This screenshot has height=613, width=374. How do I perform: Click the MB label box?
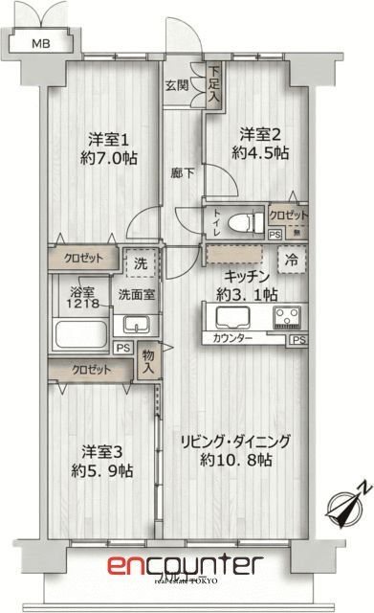[x=39, y=44]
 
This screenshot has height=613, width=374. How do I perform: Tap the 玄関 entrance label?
[x=175, y=84]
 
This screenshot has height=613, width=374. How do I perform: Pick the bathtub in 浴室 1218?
[x=80, y=336]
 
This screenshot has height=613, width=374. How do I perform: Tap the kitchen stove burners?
[x=288, y=317]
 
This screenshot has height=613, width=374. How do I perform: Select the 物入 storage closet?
[x=148, y=360]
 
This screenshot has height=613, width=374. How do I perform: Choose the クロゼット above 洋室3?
[x=90, y=370]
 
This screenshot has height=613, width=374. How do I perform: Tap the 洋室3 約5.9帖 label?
[x=101, y=460]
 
